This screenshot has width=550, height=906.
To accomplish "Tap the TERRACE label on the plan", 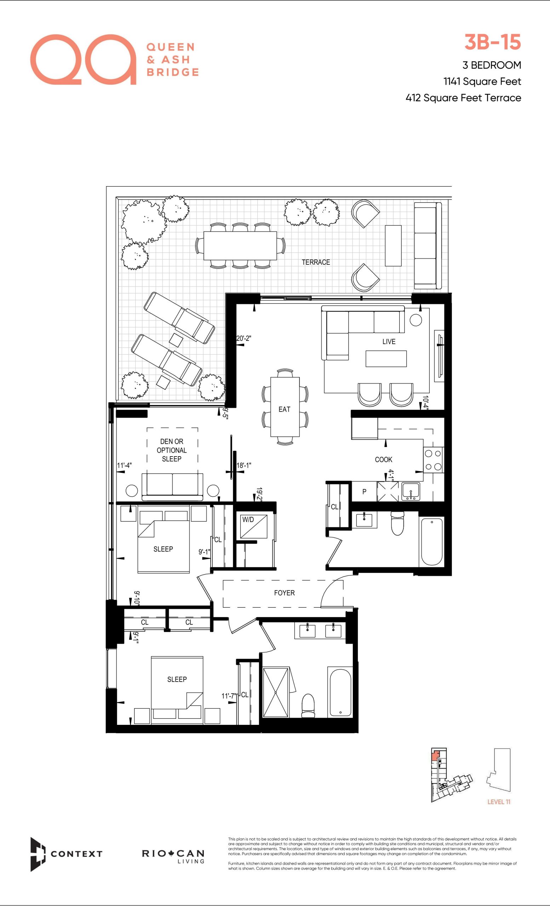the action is point(316,262).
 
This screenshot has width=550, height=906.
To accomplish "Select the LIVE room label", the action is point(389,342).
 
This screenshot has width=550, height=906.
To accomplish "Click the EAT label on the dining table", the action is point(284,409).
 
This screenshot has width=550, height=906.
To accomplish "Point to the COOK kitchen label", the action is point(383,460).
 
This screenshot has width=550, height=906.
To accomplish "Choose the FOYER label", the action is point(284,593).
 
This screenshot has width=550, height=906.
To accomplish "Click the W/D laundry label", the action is point(248,520).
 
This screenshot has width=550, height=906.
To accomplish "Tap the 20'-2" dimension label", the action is point(244,338).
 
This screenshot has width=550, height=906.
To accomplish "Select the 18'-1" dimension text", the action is point(244,465).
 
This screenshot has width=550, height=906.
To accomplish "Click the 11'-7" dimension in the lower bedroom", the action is point(229,696).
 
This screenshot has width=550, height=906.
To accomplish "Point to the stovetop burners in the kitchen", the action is point(433,460).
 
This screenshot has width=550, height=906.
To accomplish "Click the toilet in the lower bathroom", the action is point(308,706).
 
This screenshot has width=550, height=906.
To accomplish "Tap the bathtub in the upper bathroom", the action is point(432,541).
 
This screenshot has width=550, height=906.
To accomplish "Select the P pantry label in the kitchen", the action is point(364,492).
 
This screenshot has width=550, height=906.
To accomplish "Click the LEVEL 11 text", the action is point(499,802).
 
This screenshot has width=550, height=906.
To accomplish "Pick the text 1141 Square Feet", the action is point(482,81).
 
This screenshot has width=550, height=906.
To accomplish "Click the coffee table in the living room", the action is point(386,359).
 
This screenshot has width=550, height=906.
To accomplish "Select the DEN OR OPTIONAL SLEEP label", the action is point(172,450).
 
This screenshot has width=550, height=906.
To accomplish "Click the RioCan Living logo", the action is point(173,856).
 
